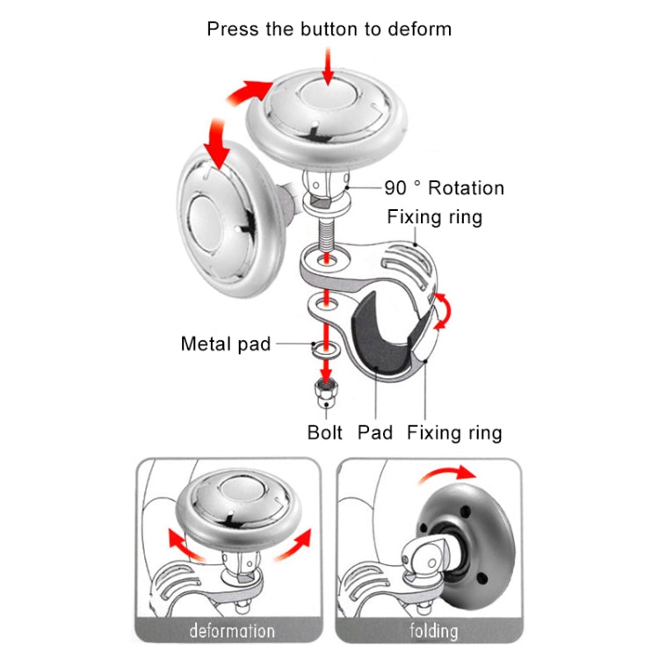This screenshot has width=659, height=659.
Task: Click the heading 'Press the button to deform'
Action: [329, 29]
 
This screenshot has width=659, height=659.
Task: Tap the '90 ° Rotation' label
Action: [444, 188]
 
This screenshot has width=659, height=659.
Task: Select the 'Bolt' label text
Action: [325, 432]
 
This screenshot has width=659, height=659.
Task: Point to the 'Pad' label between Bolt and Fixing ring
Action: [375, 432]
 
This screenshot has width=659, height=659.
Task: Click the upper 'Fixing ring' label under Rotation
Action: [434, 216]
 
